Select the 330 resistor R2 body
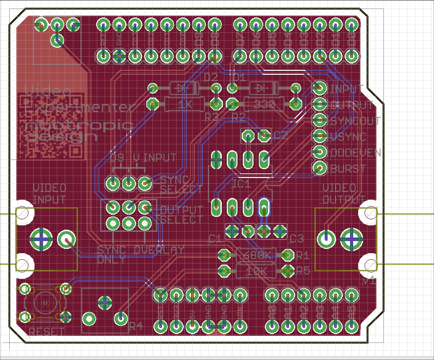pos(264,104)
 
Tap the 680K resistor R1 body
pos(256,255)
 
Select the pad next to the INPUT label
pos(319,88)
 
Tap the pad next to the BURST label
pos(319,167)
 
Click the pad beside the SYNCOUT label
pos(319,120)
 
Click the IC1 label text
pos(241,184)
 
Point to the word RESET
pos(47,332)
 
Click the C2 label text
pos(280,135)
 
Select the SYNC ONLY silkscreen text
pos(111,255)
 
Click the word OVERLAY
pos(159,250)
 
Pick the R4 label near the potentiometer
pos(135,326)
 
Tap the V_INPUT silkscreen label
pos(155,157)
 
